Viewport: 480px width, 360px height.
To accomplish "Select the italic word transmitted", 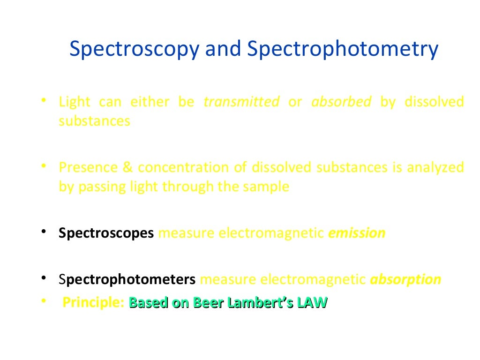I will coord(241,102).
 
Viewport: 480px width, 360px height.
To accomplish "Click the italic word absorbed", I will coord(341,102).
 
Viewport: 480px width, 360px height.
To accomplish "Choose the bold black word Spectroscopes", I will coord(106,233).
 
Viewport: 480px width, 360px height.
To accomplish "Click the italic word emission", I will coord(357,233).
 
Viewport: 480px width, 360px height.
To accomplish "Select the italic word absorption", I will coord(405,280).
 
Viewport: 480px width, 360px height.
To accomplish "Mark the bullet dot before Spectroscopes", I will coord(43,232).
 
